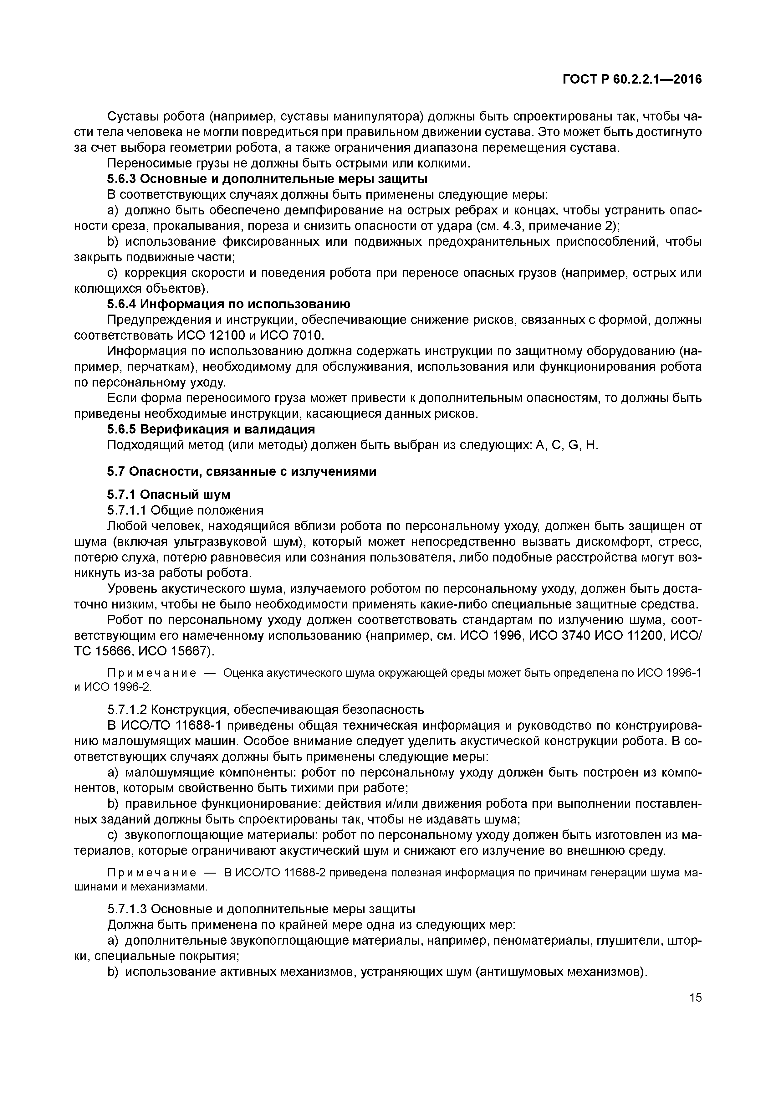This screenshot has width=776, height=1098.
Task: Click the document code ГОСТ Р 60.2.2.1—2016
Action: [x=632, y=80]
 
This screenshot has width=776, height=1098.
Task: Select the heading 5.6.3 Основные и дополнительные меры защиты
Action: [x=267, y=179]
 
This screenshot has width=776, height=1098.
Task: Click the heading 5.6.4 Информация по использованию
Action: [x=228, y=305]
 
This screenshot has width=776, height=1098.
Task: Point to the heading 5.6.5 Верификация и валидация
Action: [x=211, y=429]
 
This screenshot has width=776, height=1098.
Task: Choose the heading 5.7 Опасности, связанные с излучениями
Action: [x=242, y=471]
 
